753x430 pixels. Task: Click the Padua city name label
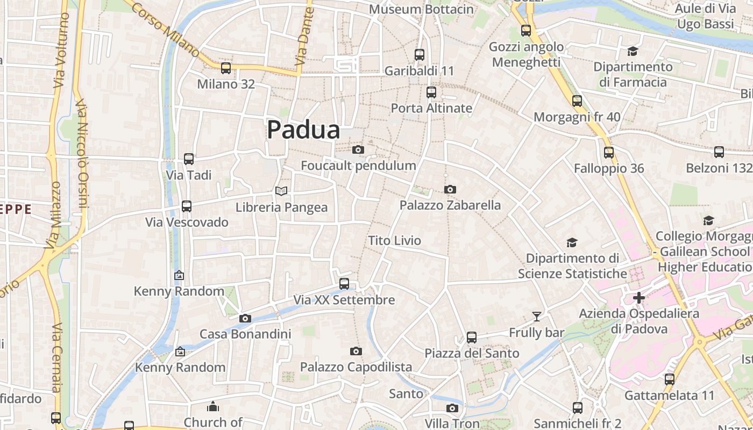point(304,130)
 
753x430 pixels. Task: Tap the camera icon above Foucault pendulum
point(358,149)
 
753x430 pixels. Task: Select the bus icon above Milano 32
point(226,68)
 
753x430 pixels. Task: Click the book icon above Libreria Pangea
point(281,191)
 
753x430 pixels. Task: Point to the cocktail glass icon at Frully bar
point(536,316)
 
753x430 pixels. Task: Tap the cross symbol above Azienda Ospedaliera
point(639,297)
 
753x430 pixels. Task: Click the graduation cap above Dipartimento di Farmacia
point(633,51)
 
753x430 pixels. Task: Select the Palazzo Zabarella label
point(450,205)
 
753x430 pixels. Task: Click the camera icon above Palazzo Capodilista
point(356,351)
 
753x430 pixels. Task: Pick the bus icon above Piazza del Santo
point(472,338)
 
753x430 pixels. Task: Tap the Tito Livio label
point(395,241)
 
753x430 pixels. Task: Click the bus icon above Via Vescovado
point(187,206)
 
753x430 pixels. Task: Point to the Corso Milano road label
point(166,30)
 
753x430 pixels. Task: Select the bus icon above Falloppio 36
point(609,153)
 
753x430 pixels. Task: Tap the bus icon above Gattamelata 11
point(670,379)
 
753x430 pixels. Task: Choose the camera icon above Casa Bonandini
point(245,318)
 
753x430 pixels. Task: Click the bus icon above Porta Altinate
point(431,92)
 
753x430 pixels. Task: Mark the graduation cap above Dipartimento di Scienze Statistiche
point(572,243)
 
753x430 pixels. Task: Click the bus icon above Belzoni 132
point(719,152)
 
